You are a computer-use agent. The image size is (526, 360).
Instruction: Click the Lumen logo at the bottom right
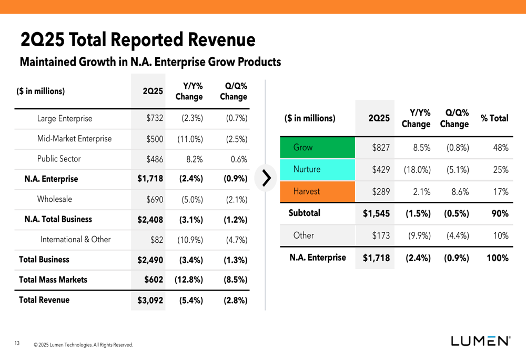480,341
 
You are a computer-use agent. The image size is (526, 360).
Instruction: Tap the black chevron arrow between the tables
266,178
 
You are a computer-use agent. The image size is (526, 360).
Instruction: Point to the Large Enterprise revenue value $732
155,119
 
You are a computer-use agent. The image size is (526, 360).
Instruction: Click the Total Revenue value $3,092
150,301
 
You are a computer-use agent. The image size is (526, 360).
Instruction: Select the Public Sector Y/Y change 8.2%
192,159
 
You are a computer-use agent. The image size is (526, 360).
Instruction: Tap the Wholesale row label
55,199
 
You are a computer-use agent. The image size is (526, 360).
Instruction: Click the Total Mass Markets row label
53,280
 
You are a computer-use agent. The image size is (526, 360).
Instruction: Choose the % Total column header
494,118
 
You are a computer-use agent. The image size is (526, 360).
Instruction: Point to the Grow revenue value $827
381,148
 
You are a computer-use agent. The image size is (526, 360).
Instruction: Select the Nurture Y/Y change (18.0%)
417,170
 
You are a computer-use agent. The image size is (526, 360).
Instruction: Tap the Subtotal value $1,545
376,214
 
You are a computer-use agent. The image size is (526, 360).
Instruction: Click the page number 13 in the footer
17,344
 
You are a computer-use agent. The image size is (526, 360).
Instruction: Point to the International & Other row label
76,240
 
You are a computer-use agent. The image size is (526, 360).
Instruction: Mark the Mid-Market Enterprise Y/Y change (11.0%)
189,139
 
